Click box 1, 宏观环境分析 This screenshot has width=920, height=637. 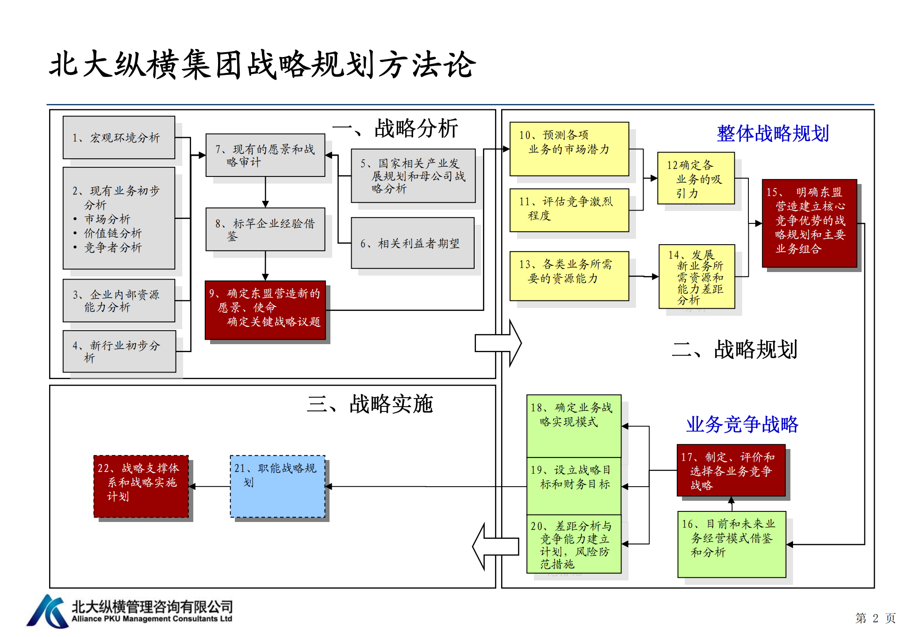click(119, 138)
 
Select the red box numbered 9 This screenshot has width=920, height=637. click(265, 310)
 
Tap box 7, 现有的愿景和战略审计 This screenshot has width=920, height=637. click(265, 155)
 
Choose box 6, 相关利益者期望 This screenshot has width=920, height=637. click(412, 243)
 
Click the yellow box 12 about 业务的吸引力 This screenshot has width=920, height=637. click(696, 178)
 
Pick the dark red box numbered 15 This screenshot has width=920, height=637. click(809, 223)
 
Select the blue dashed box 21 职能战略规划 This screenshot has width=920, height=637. click(277, 486)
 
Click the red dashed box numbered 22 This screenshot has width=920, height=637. click(141, 486)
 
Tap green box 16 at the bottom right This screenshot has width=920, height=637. click(732, 544)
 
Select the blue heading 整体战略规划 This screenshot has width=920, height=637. click(773, 133)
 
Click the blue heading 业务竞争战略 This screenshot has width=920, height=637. click(742, 424)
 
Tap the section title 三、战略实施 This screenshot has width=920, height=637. click(370, 404)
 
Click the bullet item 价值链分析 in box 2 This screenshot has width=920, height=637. click(113, 233)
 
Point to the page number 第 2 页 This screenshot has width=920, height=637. click(875, 618)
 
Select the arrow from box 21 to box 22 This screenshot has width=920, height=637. click(209, 487)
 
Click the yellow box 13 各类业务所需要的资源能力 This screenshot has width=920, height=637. click(569, 276)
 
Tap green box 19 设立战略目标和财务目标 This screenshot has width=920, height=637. click(574, 485)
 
